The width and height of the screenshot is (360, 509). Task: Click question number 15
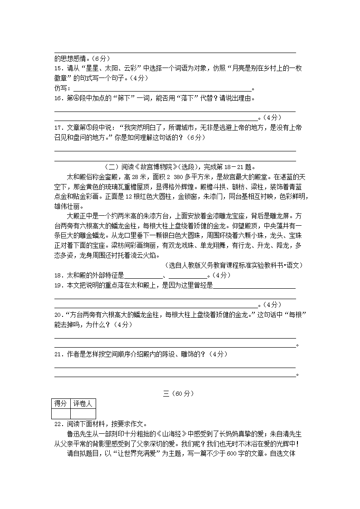click(58, 68)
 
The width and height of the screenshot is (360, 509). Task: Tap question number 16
click(58, 98)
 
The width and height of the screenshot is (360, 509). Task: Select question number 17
click(58, 128)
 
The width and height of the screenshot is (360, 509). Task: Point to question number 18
click(58, 275)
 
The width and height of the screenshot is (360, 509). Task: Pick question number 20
click(58, 315)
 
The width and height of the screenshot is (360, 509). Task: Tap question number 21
click(58, 354)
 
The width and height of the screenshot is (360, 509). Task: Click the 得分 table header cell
click(61, 403)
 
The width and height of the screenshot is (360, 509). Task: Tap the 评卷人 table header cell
click(83, 403)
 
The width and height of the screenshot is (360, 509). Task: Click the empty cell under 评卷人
click(83, 413)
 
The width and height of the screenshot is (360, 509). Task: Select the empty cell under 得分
click(61, 413)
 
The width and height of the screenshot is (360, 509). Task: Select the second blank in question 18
click(187, 276)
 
